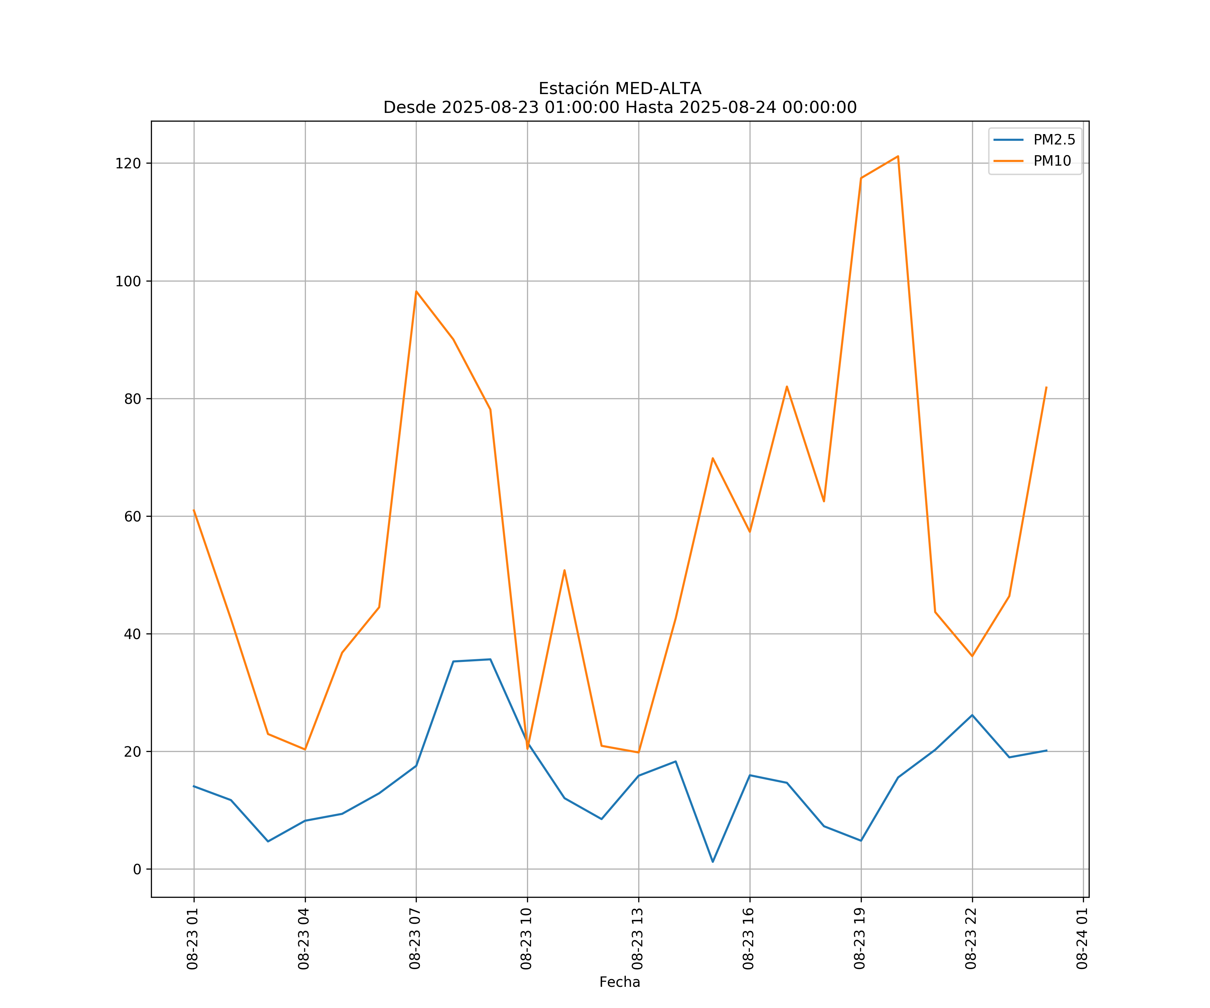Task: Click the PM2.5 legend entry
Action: [x=1053, y=140]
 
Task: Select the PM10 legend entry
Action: [x=1052, y=161]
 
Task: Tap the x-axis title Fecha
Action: [x=619, y=982]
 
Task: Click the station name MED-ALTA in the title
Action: [x=658, y=89]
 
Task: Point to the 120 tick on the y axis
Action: [x=128, y=164]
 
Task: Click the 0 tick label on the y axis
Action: [x=136, y=869]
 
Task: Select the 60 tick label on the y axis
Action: [x=132, y=517]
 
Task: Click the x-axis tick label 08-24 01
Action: [x=1082, y=939]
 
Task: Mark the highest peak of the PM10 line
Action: [x=898, y=156]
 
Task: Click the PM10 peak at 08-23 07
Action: [x=416, y=291]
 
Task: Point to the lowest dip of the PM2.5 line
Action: [x=713, y=862]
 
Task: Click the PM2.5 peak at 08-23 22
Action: [x=972, y=715]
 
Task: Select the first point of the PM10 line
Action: [x=194, y=510]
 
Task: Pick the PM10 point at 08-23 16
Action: [x=750, y=532]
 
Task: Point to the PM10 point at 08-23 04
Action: [x=305, y=749]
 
